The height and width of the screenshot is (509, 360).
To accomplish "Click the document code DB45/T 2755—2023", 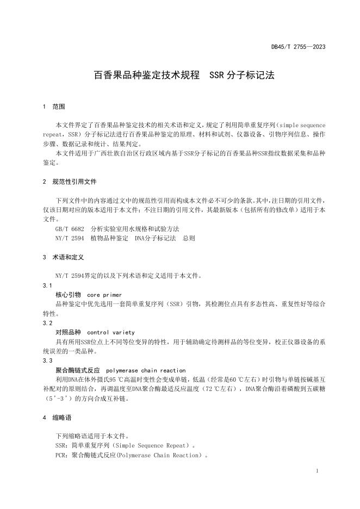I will coord(298,47).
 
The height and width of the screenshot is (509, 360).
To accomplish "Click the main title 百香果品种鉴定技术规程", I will coord(147,75).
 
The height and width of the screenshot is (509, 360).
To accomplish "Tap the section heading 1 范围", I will coord(54,107).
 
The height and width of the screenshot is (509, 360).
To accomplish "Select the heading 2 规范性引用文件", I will coord(70,181).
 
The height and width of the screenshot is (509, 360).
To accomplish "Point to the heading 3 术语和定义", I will coord(64,256).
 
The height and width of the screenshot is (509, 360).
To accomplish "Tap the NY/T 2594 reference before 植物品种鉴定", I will coord(70,238).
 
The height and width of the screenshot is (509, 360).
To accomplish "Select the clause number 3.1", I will coord(47,285).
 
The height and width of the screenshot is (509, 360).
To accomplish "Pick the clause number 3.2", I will coord(47,322).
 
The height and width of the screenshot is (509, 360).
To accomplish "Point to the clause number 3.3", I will coord(47,361).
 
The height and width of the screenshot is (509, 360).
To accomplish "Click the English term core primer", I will coord(107,294).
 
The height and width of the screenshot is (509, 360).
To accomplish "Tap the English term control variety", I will coord(111,332).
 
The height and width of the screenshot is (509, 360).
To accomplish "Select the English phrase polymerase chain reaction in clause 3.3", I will coord(146,370).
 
